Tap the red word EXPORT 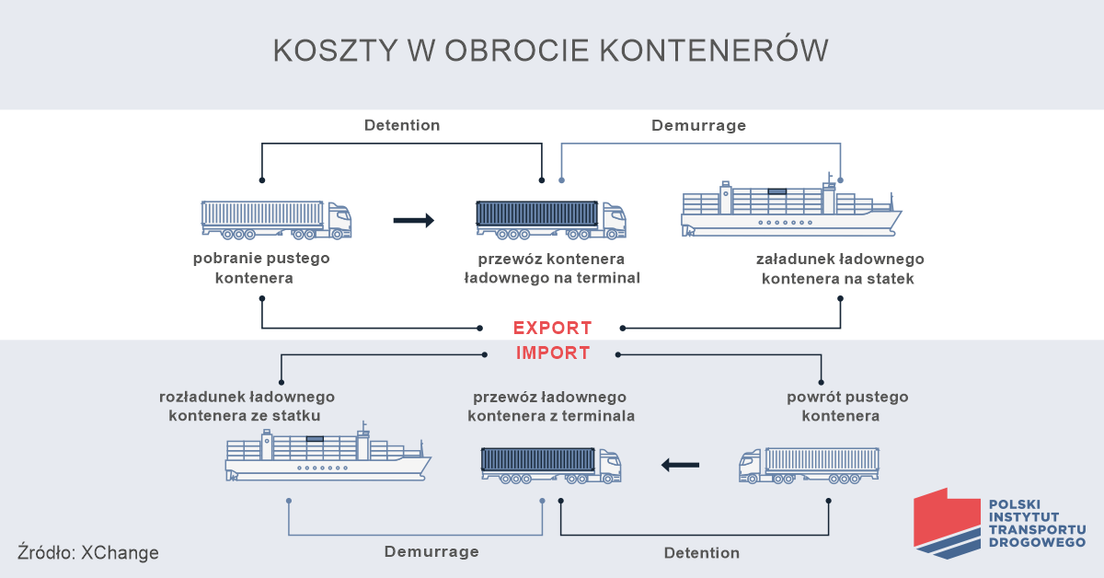pyautogui.click(x=552, y=328)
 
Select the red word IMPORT pyautogui.click(x=552, y=353)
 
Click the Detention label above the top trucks pyautogui.click(x=402, y=125)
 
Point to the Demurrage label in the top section pyautogui.click(x=698, y=125)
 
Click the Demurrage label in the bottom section pyautogui.click(x=431, y=551)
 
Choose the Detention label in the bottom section pyautogui.click(x=701, y=553)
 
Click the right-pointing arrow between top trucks pyautogui.click(x=413, y=220)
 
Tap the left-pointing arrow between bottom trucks pyautogui.click(x=680, y=465)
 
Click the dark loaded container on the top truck pyautogui.click(x=537, y=214)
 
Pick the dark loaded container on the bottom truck pyautogui.click(x=539, y=459)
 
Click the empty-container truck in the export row pyautogui.click(x=276, y=219)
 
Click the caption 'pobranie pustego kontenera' pyautogui.click(x=260, y=268)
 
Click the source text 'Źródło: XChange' pyautogui.click(x=88, y=553)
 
